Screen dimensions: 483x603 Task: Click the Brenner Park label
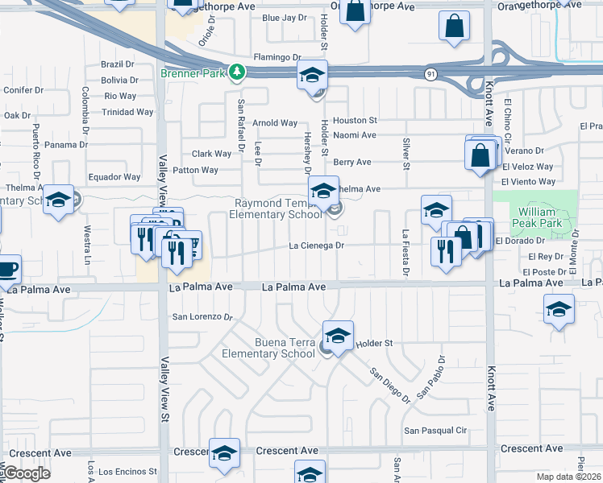[x=193, y=72]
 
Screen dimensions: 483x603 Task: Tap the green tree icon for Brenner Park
[x=236, y=72]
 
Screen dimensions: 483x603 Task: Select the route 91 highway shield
[x=432, y=74]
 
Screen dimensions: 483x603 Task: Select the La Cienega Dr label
[x=318, y=246]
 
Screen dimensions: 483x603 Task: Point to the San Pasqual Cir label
[x=436, y=431]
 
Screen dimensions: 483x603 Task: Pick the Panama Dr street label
[x=66, y=145]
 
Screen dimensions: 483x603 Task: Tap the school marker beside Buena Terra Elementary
[x=338, y=336]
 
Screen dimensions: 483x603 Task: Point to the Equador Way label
[x=114, y=177]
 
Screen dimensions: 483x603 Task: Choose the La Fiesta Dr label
[x=406, y=256]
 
